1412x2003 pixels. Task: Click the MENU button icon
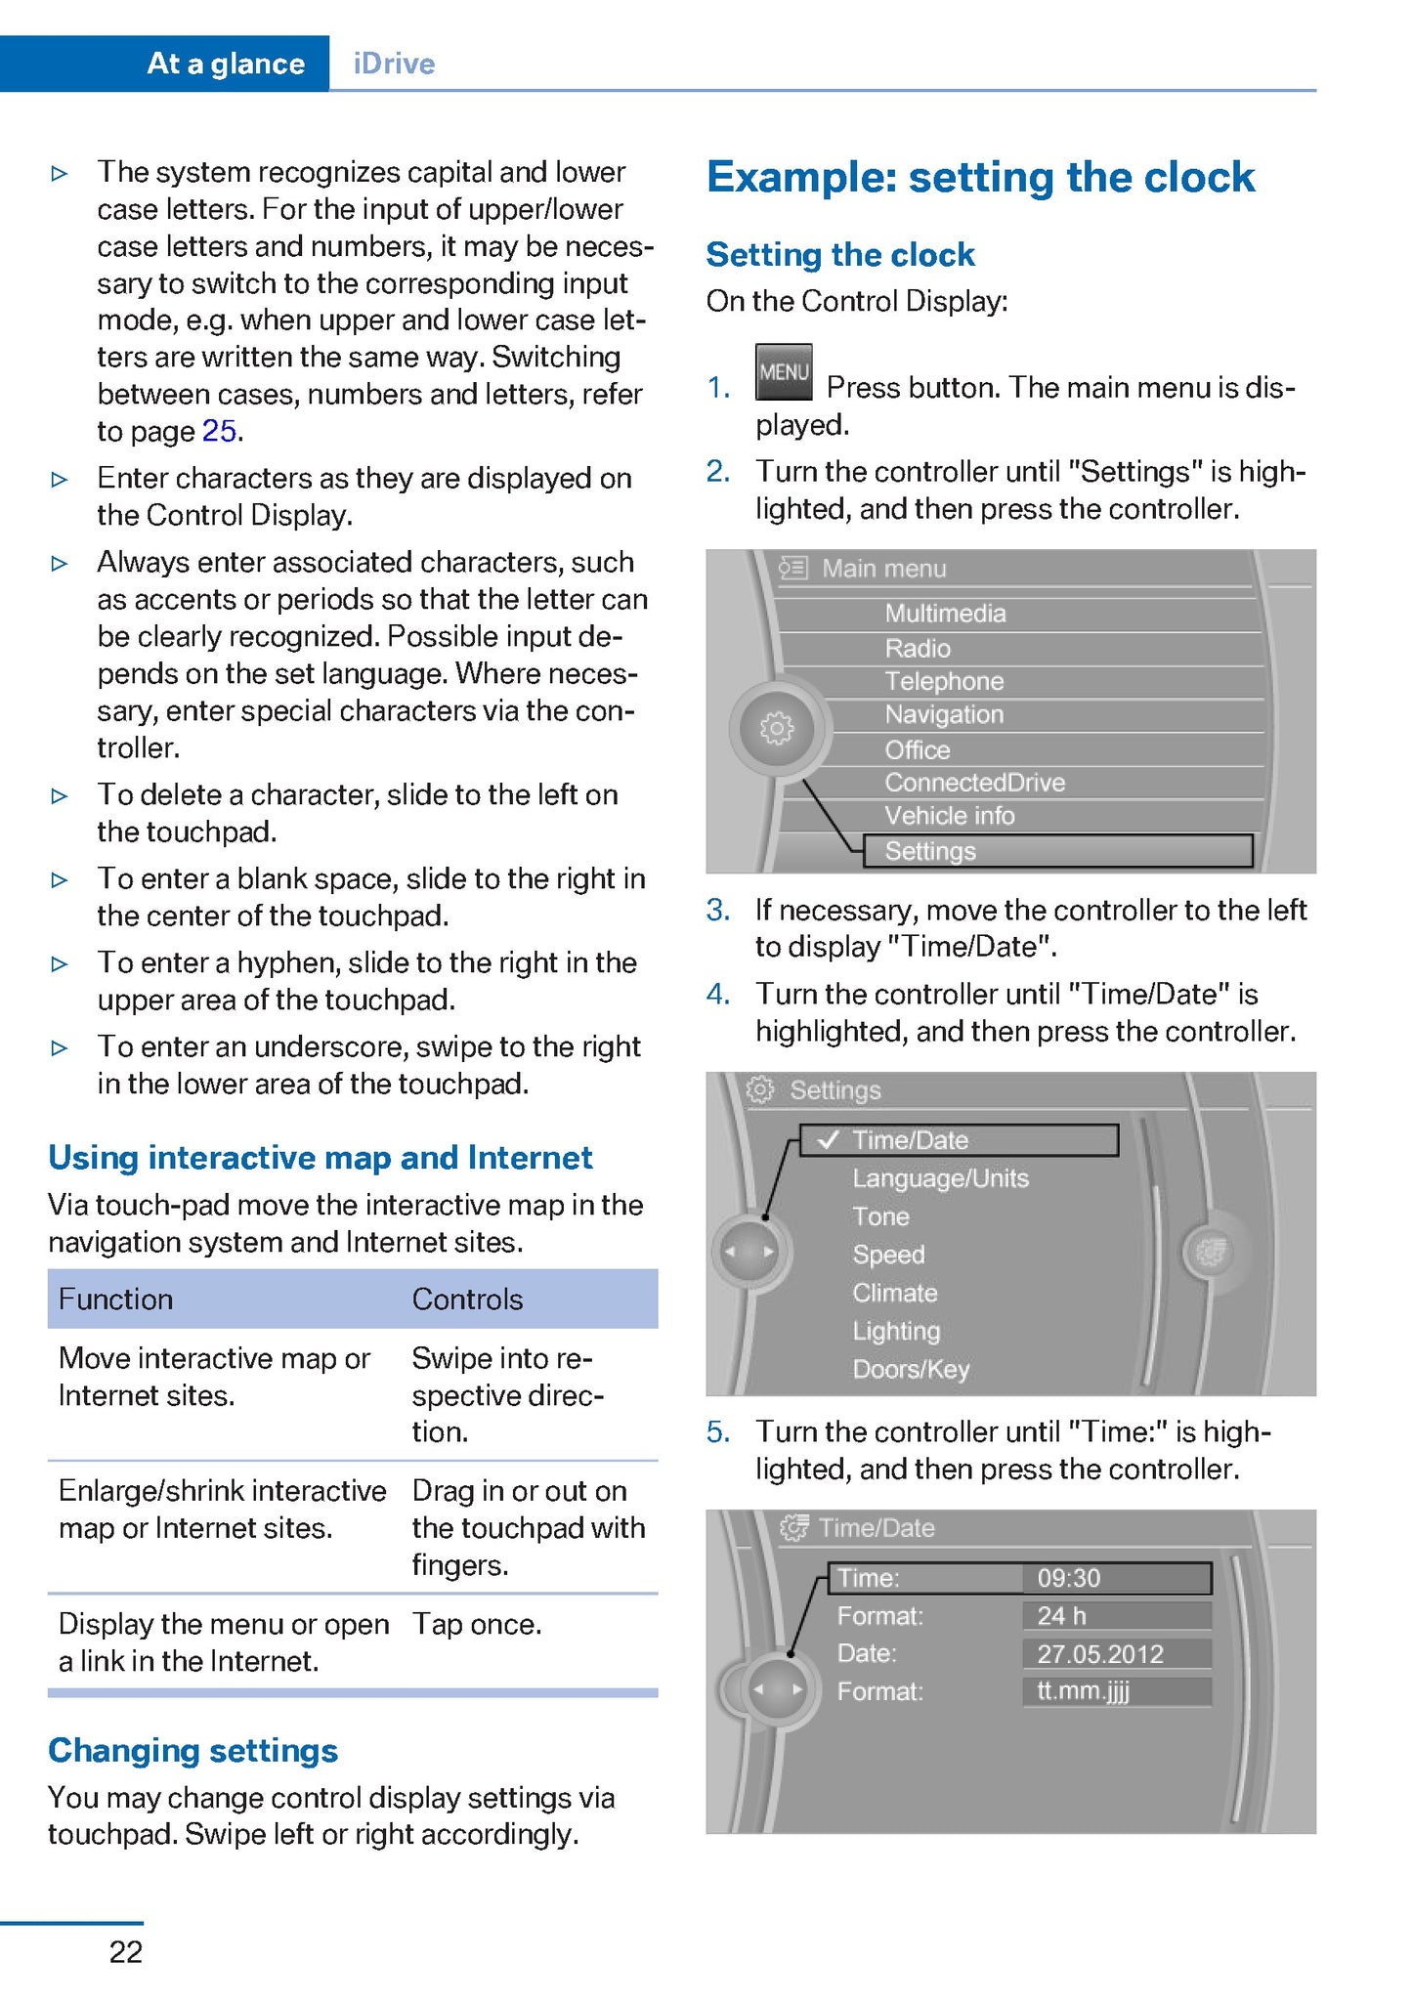tap(784, 371)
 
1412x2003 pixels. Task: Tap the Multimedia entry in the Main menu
tap(945, 614)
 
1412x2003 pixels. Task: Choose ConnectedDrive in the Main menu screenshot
tap(974, 783)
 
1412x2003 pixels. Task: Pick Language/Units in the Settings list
tap(940, 1178)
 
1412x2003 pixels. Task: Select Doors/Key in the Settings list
tap(911, 1369)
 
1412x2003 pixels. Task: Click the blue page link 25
tap(220, 431)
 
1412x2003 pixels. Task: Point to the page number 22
tap(126, 1951)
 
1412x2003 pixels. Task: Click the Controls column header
tap(467, 1300)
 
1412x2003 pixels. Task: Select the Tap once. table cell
tap(477, 1624)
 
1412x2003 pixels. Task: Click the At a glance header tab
tap(225, 64)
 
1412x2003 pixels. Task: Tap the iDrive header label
tap(394, 64)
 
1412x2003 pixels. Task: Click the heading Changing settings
tap(193, 1750)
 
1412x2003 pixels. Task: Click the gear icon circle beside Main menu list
tap(777, 727)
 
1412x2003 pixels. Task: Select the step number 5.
tap(718, 1432)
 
